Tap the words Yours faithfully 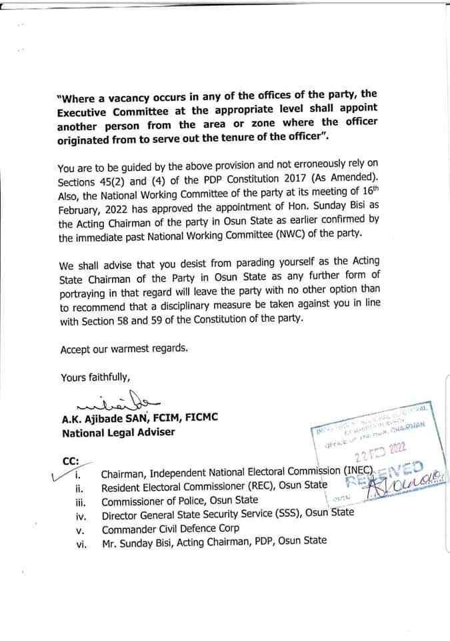(x=91, y=377)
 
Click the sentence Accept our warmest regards (x=124, y=349)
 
